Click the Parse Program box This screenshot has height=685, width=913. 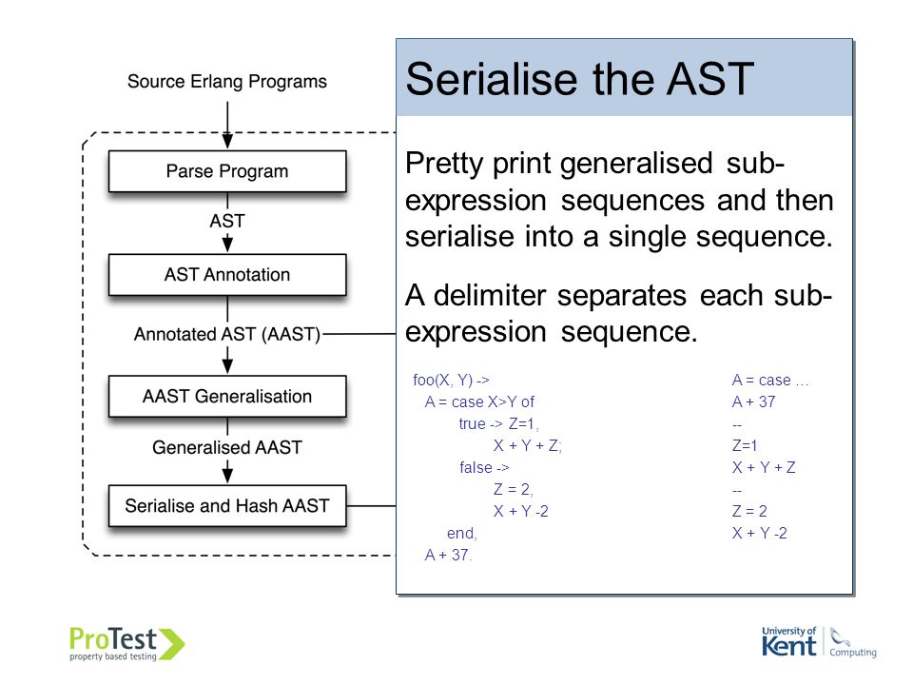pos(227,171)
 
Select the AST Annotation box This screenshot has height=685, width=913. pos(227,274)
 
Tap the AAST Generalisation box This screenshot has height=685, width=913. pos(227,396)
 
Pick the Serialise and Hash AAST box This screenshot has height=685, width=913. pos(227,505)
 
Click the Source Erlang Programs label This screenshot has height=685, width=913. pos(227,82)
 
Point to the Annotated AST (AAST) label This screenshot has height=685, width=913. pos(227,334)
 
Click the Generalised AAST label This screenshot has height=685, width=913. pos(227,447)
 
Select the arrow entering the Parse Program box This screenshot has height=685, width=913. pos(227,126)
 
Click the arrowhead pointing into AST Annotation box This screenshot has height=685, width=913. pos(227,245)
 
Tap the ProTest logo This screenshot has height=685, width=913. pos(126,644)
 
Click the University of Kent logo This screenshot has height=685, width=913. pos(789,642)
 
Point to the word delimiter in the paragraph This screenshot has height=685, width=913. pos(493,295)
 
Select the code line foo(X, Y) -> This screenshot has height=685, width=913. pos(451,380)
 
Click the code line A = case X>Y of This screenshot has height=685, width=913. pos(479,401)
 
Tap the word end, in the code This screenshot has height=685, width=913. pos(462,533)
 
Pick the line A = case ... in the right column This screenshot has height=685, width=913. pos(769,380)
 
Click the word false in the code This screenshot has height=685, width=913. pos(476,467)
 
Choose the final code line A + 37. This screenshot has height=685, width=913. pos(448,555)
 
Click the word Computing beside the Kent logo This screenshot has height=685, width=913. pos(853,652)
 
